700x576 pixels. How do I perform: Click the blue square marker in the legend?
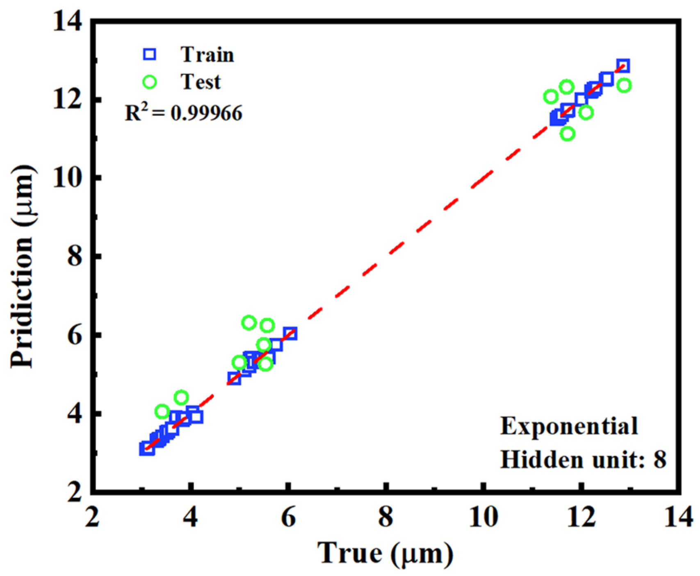point(150,54)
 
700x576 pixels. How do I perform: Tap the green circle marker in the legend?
point(150,82)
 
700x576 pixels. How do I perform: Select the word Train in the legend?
point(207,54)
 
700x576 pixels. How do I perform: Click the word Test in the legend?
point(201,82)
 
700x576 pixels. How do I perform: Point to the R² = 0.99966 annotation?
point(183,113)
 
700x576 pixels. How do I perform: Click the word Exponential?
point(569,426)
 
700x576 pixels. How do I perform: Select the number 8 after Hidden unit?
point(659,460)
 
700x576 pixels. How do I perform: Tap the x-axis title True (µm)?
point(385,553)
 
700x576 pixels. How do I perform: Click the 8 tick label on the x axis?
point(385,517)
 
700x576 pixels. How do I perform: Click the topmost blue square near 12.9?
point(623,66)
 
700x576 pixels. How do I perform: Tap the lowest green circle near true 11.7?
point(568,134)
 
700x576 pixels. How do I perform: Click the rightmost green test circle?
point(624,85)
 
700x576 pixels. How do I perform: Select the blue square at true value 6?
point(290,333)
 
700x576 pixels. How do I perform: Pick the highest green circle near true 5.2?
point(249,323)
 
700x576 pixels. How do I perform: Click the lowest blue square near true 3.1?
point(146,449)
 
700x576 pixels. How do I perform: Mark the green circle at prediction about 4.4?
point(181,397)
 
